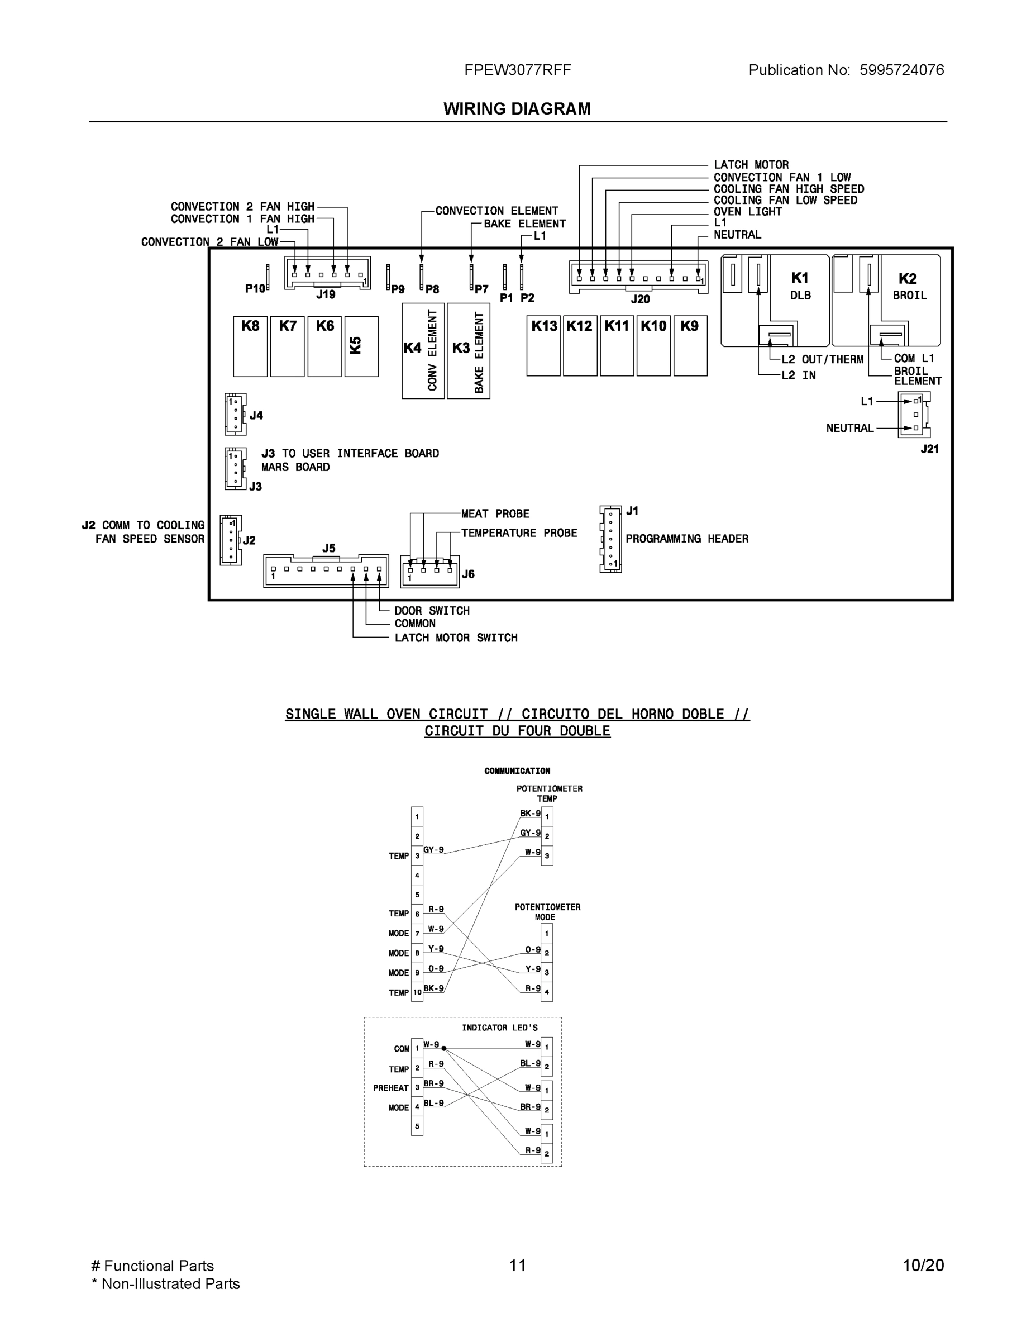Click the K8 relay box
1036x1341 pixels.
tap(250, 346)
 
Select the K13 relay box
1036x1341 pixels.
tap(543, 345)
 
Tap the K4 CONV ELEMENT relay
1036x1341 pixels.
tap(423, 350)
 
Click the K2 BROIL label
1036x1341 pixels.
tap(908, 286)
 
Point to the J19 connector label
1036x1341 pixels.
tap(326, 294)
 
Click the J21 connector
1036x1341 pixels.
tap(914, 415)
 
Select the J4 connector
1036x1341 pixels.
tap(235, 414)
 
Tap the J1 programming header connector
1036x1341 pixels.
tap(610, 539)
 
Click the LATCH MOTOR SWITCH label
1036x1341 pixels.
tap(456, 638)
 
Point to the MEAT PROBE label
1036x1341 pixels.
tap(495, 514)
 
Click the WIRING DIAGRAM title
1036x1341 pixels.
tap(517, 109)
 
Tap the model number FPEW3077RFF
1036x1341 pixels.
tap(517, 70)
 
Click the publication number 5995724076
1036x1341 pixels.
tap(901, 70)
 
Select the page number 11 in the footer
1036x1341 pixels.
tap(517, 1265)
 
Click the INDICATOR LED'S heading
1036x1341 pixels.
tap(500, 1028)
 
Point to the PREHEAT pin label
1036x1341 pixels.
tap(390, 1088)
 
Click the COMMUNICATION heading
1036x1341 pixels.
tap(517, 771)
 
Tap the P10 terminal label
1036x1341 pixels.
tap(255, 288)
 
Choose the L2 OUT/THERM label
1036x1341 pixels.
tap(823, 360)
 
